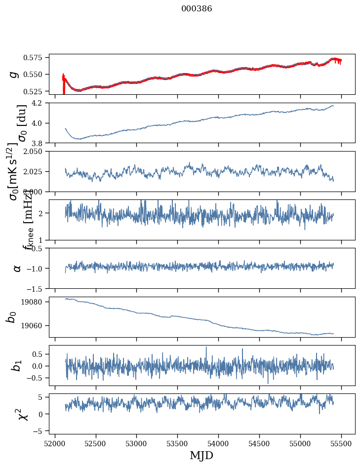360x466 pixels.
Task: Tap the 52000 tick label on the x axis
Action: pyautogui.click(x=55, y=443)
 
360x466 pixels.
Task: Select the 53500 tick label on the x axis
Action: pyautogui.click(x=178, y=443)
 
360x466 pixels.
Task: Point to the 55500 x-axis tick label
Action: pyautogui.click(x=342, y=443)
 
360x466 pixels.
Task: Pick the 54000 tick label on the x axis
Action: pyautogui.click(x=219, y=443)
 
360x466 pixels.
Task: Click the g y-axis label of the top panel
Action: pyautogui.click(x=15, y=74)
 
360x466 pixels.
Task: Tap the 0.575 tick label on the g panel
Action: pyautogui.click(x=36, y=58)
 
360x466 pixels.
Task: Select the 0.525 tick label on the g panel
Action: pyautogui.click(x=36, y=91)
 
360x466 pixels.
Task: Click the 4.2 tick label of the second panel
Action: pyautogui.click(x=40, y=103)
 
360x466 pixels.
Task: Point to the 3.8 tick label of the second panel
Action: pyautogui.click(x=40, y=143)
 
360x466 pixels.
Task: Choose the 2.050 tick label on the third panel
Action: pyautogui.click(x=36, y=152)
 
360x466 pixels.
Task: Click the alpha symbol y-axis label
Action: pyautogui.click(x=17, y=268)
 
